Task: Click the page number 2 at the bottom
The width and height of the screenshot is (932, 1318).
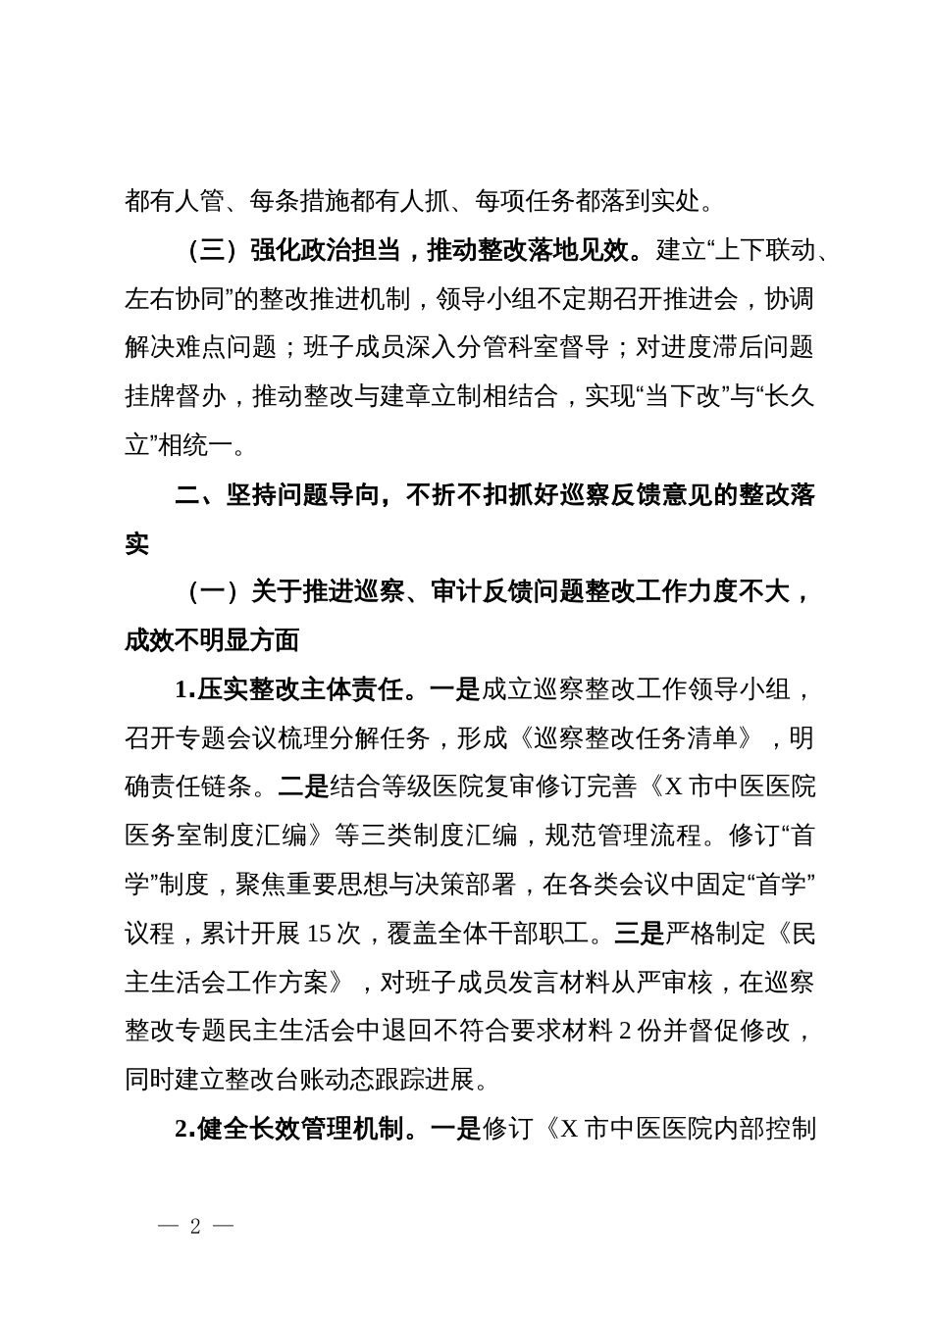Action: pyautogui.click(x=195, y=1227)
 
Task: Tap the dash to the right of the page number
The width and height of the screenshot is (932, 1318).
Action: pyautogui.click(x=223, y=1227)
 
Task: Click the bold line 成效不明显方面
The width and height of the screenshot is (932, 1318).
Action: pyautogui.click(x=212, y=640)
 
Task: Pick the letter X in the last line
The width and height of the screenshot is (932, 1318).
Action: pyautogui.click(x=570, y=1129)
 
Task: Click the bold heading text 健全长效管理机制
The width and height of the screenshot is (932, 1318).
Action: pyautogui.click(x=298, y=1129)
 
